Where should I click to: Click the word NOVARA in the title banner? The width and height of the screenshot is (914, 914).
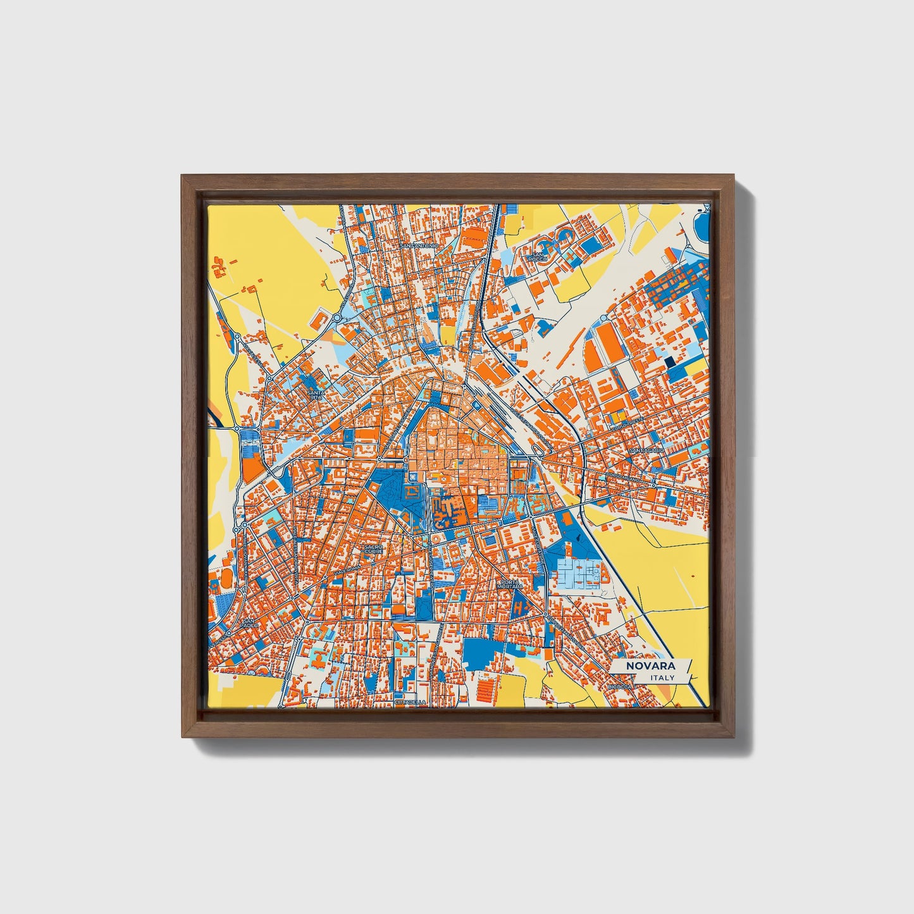tap(650, 666)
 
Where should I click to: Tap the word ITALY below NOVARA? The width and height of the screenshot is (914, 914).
tap(662, 677)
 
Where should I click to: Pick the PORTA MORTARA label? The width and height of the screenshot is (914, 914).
tap(513, 584)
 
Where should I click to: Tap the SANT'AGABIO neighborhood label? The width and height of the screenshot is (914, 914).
tap(646, 450)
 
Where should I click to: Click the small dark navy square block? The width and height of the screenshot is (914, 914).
tap(669, 362)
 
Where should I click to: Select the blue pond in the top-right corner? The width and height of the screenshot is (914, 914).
tap(701, 223)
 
